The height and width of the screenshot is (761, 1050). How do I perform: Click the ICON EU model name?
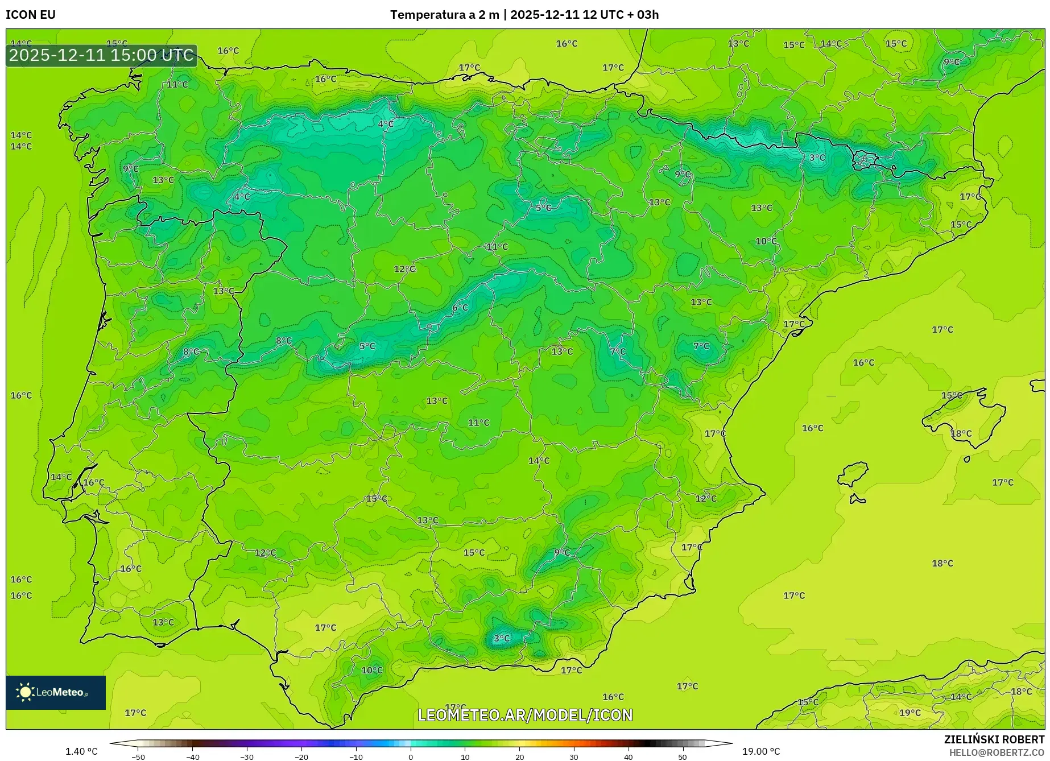[31, 15]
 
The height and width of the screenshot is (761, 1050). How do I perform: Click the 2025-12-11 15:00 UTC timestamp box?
[101, 56]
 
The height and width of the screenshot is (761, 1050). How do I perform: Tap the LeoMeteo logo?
[55, 692]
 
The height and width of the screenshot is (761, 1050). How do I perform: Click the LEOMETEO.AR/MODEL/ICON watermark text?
[525, 715]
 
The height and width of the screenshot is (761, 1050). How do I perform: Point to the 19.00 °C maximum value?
[761, 751]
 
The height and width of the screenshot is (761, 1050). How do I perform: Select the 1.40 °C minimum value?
[81, 751]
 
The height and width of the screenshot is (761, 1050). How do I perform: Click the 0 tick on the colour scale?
[411, 756]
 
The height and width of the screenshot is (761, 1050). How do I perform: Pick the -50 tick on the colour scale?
[138, 756]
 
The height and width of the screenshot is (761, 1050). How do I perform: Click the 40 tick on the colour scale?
[628, 756]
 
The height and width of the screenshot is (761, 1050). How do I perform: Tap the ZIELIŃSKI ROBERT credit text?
[994, 739]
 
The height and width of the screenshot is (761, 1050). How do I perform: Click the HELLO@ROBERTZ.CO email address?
[997, 752]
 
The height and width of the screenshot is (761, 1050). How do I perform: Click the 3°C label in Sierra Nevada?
[502, 638]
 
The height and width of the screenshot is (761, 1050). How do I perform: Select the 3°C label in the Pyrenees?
[817, 158]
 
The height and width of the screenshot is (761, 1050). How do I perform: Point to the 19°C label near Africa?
[910, 713]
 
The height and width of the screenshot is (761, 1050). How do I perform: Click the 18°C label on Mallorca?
[961, 433]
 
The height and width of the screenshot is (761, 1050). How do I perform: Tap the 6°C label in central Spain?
[460, 308]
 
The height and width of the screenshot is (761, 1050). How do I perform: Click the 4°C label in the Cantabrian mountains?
[386, 124]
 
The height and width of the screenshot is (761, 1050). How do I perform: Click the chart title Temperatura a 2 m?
[444, 15]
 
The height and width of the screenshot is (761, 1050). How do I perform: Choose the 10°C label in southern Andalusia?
[372, 670]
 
